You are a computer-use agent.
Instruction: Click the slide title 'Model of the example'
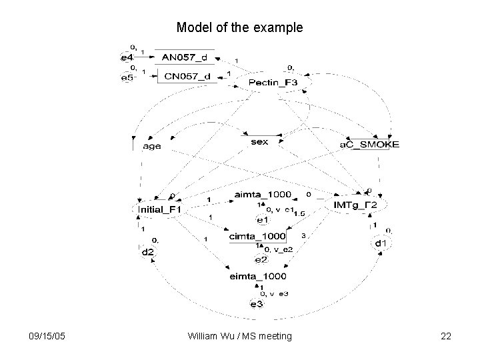click(x=239, y=28)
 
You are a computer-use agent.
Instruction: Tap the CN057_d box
click(x=187, y=77)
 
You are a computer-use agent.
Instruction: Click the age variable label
click(x=152, y=146)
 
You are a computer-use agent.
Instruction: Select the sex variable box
click(x=259, y=142)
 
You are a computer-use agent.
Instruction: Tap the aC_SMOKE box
click(x=370, y=145)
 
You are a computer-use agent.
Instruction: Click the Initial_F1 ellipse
click(x=160, y=209)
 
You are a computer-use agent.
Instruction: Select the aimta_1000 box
click(x=263, y=194)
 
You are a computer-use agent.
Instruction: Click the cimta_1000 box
click(x=257, y=236)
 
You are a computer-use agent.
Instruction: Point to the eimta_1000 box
click(x=257, y=275)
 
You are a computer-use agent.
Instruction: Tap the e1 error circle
click(x=262, y=219)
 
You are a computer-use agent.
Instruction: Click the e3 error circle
click(x=257, y=304)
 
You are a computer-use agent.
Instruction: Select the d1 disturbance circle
click(x=379, y=243)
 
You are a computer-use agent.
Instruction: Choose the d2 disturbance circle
click(x=147, y=252)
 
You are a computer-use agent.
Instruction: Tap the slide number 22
click(x=446, y=337)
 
